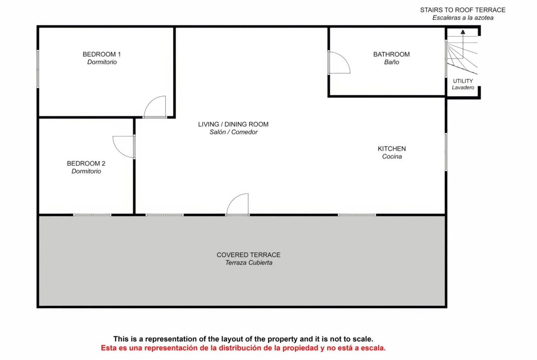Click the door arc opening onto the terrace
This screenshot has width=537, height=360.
coord(233,199)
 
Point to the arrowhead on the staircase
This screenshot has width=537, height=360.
coord(463,32)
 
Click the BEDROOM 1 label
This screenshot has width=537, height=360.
coord(102,54)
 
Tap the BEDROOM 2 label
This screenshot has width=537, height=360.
coord(86,163)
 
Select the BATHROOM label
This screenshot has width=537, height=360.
coord(392,54)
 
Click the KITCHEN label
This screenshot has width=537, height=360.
coord(392,149)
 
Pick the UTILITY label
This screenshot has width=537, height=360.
coord(463,81)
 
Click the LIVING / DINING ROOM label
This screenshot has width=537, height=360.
coord(233,124)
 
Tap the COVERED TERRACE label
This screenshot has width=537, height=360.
coord(249,255)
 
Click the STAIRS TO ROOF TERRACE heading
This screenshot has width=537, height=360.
coord(463,10)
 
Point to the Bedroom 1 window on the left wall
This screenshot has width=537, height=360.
coord(38,69)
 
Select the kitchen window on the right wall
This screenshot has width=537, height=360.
coord(446,152)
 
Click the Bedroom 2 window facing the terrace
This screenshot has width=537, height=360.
coord(92,215)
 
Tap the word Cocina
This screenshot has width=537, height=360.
coord(392,156)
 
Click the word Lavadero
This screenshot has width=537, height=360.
coord(463,88)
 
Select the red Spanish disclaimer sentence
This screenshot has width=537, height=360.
coord(243,348)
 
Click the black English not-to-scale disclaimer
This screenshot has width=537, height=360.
coord(243,339)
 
